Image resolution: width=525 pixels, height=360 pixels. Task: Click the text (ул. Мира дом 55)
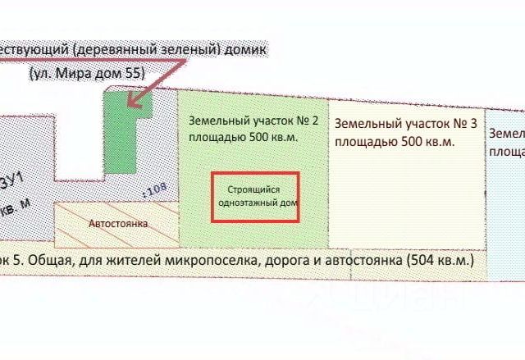[87, 73]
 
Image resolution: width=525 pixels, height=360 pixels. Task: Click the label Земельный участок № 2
[253, 119]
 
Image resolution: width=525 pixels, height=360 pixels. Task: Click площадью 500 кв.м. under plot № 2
[243, 137]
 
